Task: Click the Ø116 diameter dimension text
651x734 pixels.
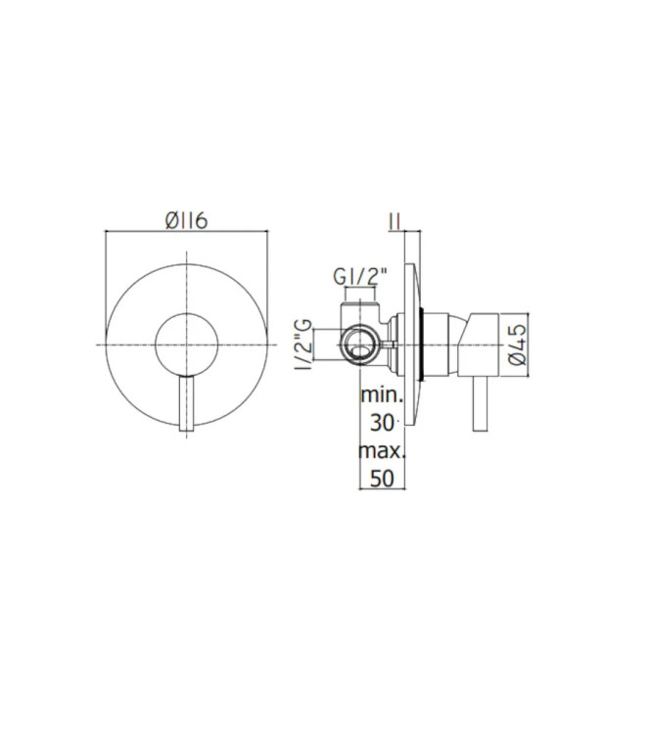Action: click(x=186, y=222)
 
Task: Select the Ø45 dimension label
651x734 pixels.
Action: click(x=518, y=344)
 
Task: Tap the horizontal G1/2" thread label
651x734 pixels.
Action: click(x=360, y=277)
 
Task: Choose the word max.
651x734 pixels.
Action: click(x=382, y=451)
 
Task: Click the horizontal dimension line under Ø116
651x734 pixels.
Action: click(x=186, y=234)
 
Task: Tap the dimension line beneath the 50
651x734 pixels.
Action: click(x=390, y=490)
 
